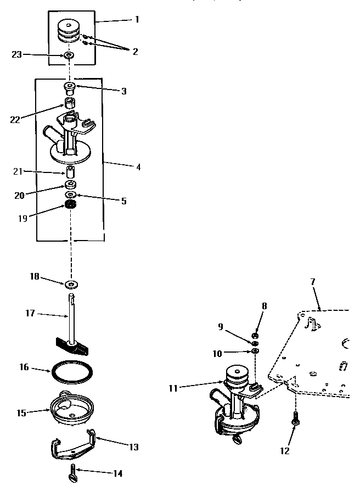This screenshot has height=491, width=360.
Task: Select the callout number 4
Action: pos(138,166)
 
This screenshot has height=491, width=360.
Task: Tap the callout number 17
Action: pos(30,313)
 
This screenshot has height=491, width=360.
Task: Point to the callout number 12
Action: pos(284,451)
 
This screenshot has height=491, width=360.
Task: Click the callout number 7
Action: pos(313,281)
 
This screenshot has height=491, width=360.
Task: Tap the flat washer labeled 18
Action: pos(71,284)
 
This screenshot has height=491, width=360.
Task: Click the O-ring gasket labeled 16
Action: pos(71,371)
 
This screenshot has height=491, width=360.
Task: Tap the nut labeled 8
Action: pos(256,335)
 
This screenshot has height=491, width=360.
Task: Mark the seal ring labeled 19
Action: pos(70,205)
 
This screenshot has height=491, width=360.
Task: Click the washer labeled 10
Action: pos(256,351)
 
